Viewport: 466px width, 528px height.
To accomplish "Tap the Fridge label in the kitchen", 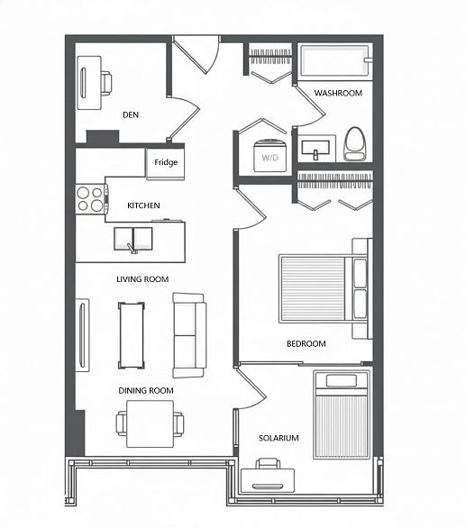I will click(165, 163).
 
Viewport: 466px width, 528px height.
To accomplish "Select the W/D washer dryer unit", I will click(270, 155).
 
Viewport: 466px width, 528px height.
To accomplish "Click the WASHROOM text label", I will click(338, 94).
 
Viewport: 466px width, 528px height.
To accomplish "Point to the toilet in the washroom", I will click(355, 143).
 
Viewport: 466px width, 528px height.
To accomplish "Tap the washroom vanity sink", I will click(316, 147).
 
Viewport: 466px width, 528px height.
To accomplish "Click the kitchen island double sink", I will click(133, 239).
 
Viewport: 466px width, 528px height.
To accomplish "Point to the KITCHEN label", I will click(143, 206).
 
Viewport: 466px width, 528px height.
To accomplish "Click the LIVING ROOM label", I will click(142, 279).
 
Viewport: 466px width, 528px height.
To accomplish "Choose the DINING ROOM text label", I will click(145, 390).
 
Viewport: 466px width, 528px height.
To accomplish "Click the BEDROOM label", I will click(306, 344).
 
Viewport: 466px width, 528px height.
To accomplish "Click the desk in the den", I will click(89, 82).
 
